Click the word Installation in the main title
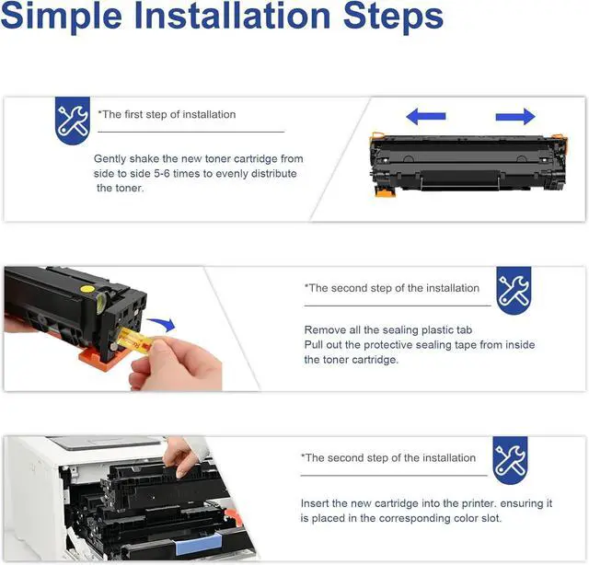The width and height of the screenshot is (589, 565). [x=232, y=17]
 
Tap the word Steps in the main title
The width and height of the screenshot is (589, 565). [x=393, y=17]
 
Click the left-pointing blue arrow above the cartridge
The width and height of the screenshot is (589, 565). [x=426, y=116]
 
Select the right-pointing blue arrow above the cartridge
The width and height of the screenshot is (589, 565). [x=515, y=116]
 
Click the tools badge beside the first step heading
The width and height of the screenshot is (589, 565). [x=73, y=120]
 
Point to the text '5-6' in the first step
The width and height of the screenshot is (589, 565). [x=162, y=174]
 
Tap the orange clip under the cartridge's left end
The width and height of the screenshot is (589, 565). [x=386, y=192]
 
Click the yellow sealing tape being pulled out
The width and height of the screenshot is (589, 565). [x=134, y=341]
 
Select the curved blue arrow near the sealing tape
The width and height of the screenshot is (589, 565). [x=162, y=323]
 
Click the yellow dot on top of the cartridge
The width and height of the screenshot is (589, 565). [x=87, y=289]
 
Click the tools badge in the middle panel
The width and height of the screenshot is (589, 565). [x=514, y=291]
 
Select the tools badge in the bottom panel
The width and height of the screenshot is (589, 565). [x=510, y=460]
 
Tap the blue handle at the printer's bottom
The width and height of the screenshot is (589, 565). [x=199, y=546]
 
